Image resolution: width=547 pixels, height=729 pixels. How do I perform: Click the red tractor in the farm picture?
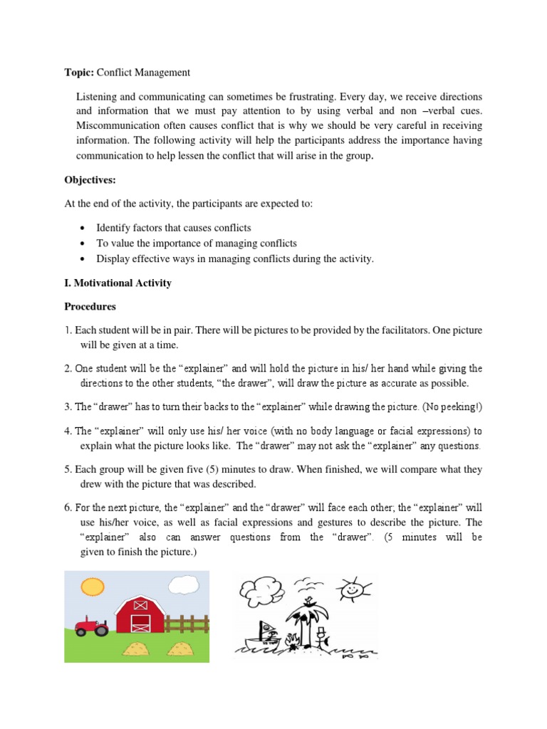pyautogui.click(x=92, y=626)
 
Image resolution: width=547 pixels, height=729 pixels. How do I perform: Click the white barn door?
pyautogui.click(x=140, y=624)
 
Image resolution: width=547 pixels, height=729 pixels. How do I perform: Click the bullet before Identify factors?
pyautogui.click(x=84, y=228)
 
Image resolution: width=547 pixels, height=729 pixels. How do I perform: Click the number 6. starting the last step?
pyautogui.click(x=69, y=508)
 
